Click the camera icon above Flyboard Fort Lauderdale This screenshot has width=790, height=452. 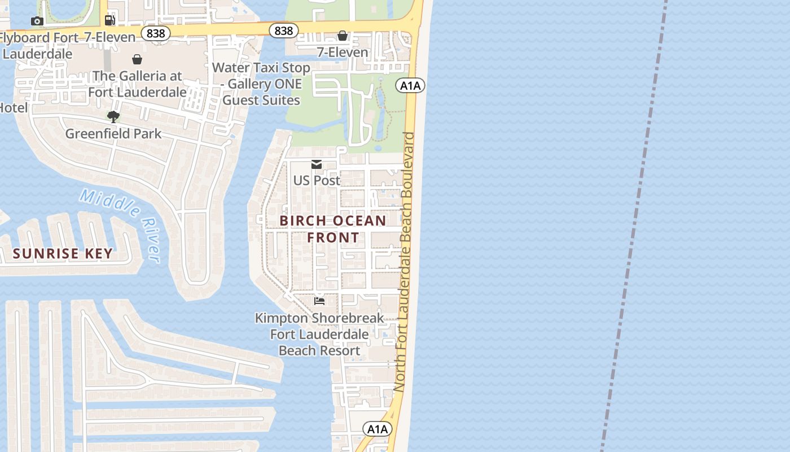[x=37, y=21]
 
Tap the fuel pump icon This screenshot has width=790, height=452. [x=110, y=20]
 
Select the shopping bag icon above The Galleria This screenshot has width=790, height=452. [x=137, y=59]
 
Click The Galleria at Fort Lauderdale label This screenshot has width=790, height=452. [x=137, y=84]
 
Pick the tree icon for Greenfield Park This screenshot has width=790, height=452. [x=113, y=117]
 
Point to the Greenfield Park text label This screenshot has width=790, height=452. [x=113, y=134]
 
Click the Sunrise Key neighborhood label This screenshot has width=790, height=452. [x=63, y=254]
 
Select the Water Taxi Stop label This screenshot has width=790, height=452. [x=261, y=84]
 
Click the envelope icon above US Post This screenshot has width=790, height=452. [x=317, y=164]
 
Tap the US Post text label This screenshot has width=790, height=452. [x=317, y=180]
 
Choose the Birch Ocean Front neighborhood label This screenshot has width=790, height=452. [x=333, y=229]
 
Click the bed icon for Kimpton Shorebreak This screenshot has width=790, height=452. [x=319, y=301]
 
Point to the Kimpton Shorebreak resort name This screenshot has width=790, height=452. [x=319, y=334]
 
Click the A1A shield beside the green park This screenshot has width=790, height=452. [x=410, y=85]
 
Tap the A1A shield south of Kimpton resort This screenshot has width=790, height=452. [x=377, y=429]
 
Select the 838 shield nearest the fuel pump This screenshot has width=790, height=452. [x=155, y=33]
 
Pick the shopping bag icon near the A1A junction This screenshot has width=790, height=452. [x=343, y=36]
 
